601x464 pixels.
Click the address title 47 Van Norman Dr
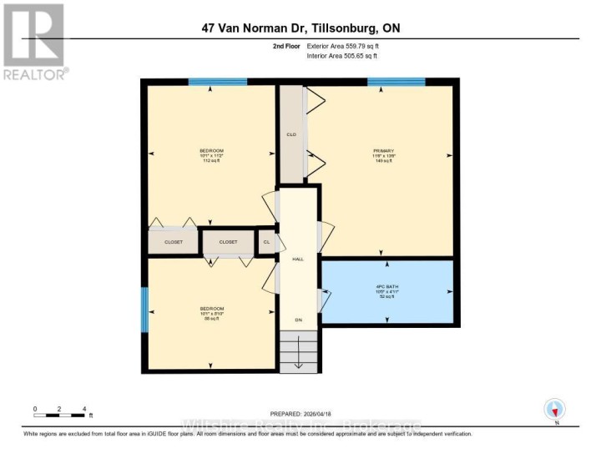click(300, 28)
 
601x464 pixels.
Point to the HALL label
click(297, 260)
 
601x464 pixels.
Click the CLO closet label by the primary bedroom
click(291, 134)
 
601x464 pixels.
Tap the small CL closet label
click(266, 242)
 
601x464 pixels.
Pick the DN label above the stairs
click(298, 320)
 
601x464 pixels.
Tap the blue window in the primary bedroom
click(396, 82)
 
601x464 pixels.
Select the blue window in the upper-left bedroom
click(217, 82)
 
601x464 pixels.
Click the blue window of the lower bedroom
click(144, 310)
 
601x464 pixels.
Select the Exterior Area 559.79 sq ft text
click(341, 48)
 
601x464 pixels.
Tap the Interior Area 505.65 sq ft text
click(341, 56)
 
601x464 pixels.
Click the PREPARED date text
click(300, 414)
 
